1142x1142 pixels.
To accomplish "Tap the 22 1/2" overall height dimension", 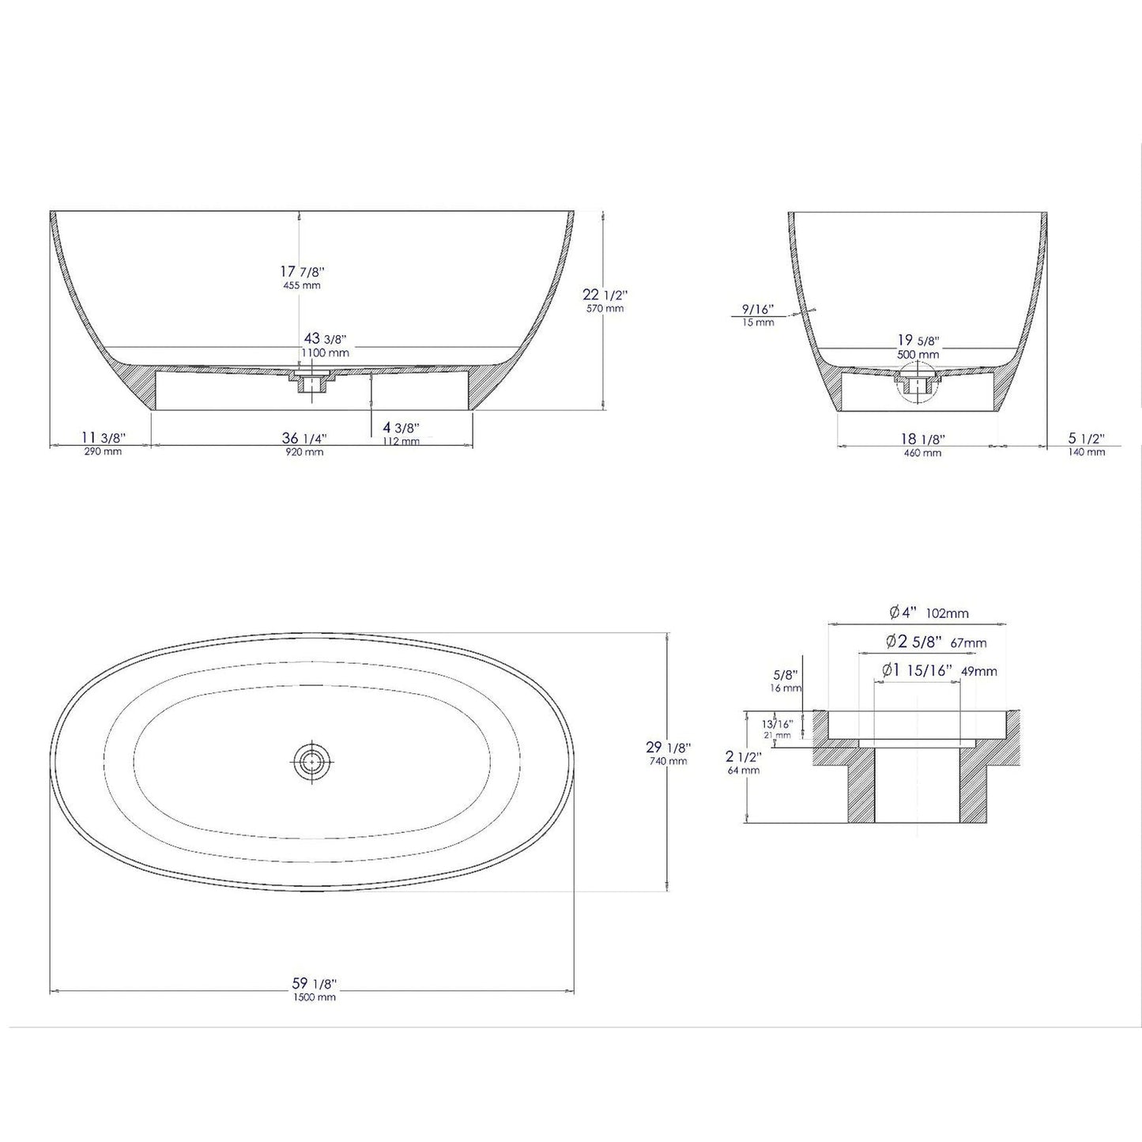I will (x=604, y=300).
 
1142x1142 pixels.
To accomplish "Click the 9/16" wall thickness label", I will (x=758, y=314).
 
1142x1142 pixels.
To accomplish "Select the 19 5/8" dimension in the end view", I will (x=918, y=346).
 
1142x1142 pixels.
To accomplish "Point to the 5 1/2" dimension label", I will (x=1086, y=443).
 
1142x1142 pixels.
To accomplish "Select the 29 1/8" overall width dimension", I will (x=668, y=752).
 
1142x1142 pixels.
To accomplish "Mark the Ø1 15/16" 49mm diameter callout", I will (x=939, y=671).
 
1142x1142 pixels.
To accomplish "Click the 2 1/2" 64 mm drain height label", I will (x=742, y=762).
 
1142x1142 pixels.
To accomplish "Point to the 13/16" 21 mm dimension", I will (x=776, y=729).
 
